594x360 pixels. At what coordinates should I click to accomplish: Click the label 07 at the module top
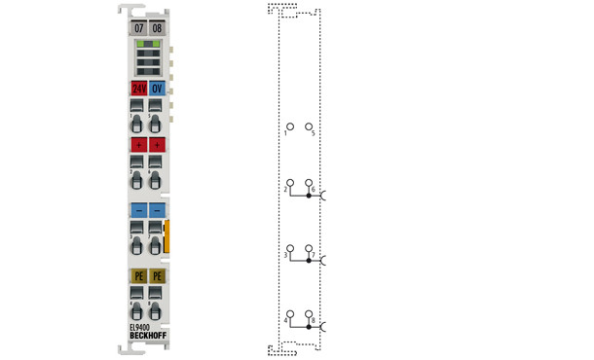138,28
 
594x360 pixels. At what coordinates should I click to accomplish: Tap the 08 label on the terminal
157,28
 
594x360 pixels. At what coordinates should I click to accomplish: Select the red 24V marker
138,88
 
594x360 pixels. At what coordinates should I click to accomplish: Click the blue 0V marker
157,88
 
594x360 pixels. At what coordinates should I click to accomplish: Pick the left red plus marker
138,144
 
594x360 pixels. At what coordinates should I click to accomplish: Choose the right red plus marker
157,144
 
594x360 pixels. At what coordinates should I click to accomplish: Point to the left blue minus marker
138,209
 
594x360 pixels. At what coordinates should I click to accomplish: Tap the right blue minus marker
157,209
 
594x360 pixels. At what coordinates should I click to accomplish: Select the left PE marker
138,275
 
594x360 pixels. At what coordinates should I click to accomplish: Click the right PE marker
157,275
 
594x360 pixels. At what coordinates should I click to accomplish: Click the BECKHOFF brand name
147,338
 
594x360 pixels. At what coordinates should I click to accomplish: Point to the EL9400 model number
141,328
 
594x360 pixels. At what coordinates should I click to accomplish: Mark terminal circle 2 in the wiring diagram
288,183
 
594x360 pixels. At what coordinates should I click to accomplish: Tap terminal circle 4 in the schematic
288,313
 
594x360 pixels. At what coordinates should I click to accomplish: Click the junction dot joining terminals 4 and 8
309,328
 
